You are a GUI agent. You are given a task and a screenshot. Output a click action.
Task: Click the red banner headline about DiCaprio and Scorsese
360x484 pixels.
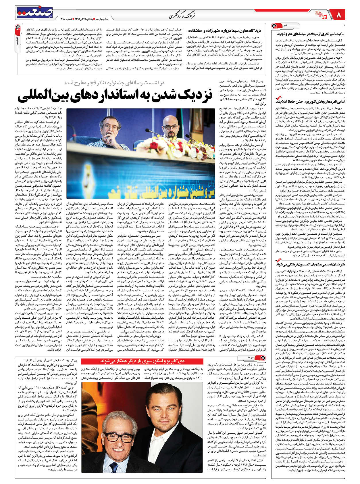click(142, 361)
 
